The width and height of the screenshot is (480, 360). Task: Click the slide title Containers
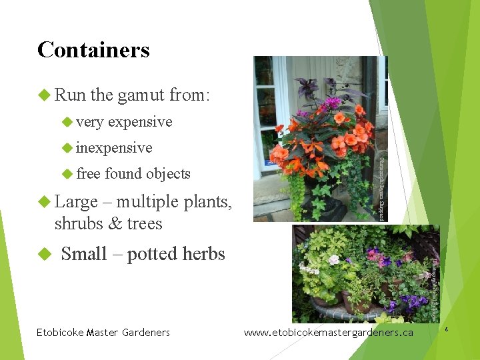pyautogui.click(x=93, y=50)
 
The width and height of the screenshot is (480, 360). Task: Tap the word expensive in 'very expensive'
pyautogui.click(x=140, y=122)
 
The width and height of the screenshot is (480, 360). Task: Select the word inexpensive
pyautogui.click(x=114, y=148)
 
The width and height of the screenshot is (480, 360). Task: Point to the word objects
pyautogui.click(x=168, y=174)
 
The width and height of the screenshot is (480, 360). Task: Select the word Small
pyautogui.click(x=84, y=254)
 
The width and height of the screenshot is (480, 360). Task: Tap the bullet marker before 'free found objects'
pyautogui.click(x=67, y=174)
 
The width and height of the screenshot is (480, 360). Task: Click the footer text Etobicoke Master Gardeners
pyautogui.click(x=103, y=332)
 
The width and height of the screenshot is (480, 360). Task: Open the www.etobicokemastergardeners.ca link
pyautogui.click(x=329, y=332)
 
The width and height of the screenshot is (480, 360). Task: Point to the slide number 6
pyautogui.click(x=465, y=329)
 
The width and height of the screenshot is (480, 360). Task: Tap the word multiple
pyautogui.click(x=148, y=201)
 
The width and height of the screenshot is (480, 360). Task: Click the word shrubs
pyautogui.click(x=81, y=223)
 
